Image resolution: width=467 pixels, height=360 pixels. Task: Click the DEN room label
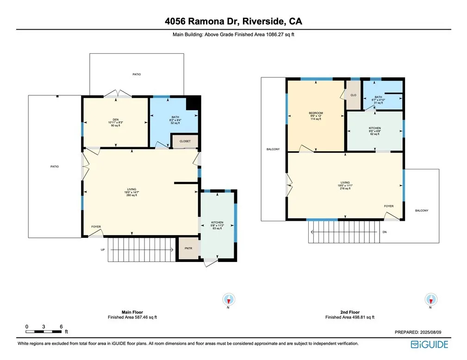116,120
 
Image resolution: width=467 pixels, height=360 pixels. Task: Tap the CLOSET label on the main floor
185,141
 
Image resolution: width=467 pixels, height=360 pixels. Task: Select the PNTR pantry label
188,248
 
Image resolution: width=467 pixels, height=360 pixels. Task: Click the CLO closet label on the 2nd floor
353,95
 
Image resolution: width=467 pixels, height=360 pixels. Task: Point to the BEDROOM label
316,113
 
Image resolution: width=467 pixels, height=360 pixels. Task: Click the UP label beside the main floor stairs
103,250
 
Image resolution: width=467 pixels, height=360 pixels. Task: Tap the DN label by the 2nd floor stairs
385,232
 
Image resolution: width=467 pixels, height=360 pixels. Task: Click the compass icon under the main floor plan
229,299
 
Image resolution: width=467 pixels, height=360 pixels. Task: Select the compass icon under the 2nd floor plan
431,299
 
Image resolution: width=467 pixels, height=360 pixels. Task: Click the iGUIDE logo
429,345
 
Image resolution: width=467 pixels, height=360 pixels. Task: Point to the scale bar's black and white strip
44,332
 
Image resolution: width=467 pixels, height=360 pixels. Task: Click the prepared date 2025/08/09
430,332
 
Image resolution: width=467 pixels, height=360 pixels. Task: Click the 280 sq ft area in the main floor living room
131,195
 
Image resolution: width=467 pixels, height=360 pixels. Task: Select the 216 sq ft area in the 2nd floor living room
345,188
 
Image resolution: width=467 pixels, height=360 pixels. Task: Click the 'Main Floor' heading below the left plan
132,312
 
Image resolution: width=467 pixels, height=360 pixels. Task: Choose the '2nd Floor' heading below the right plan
350,312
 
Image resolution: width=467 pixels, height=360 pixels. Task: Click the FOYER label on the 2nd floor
389,206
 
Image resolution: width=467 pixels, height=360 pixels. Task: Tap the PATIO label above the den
137,74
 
